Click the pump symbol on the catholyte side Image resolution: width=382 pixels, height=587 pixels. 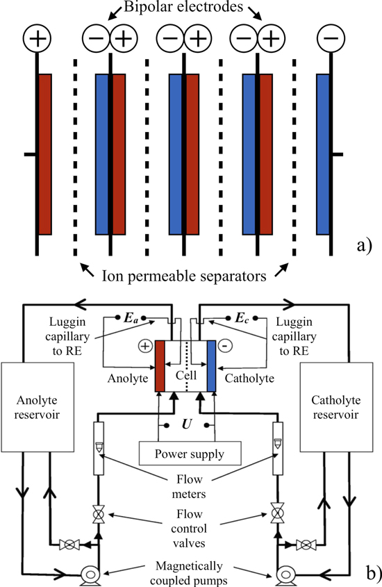[x=285, y=574]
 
